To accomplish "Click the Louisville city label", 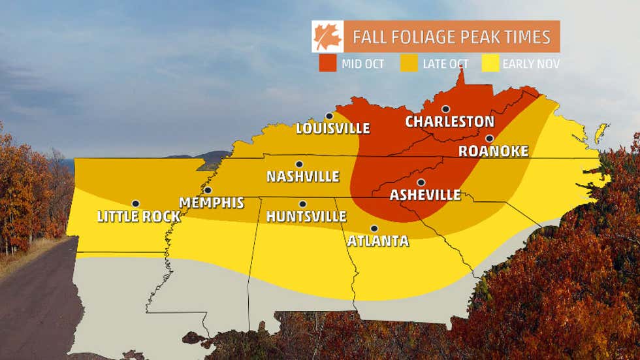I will tap(332, 128).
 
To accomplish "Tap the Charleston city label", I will tap(449, 122).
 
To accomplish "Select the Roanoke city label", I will tap(493, 152).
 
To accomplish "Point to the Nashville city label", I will tap(303, 176).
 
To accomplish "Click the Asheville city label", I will tap(424, 195).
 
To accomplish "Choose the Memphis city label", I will tap(211, 203).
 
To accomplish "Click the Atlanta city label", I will tap(377, 241).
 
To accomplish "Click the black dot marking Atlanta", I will tap(374, 229).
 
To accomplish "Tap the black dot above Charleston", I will tap(445, 109).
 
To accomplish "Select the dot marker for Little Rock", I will tap(135, 204).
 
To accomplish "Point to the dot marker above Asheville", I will tap(421, 182).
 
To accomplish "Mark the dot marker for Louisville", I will tap(329, 116).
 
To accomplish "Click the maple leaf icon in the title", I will tap(327, 37).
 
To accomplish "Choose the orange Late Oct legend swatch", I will tap(409, 63).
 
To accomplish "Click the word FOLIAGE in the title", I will tap(431, 37).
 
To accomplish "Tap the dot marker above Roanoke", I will tap(489, 139).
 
